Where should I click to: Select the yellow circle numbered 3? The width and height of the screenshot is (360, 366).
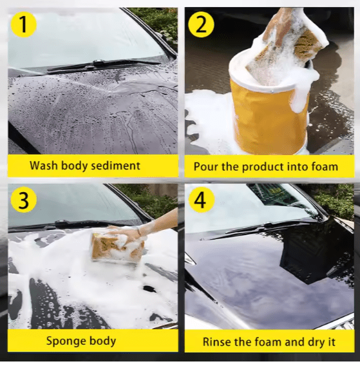tap(23, 200)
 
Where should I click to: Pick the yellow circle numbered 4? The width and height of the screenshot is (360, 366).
tap(201, 200)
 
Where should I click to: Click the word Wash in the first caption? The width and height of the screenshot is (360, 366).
tap(44, 166)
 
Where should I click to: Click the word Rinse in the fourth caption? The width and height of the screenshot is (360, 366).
tap(217, 342)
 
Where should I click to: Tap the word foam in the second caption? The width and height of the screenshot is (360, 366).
tap(324, 167)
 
